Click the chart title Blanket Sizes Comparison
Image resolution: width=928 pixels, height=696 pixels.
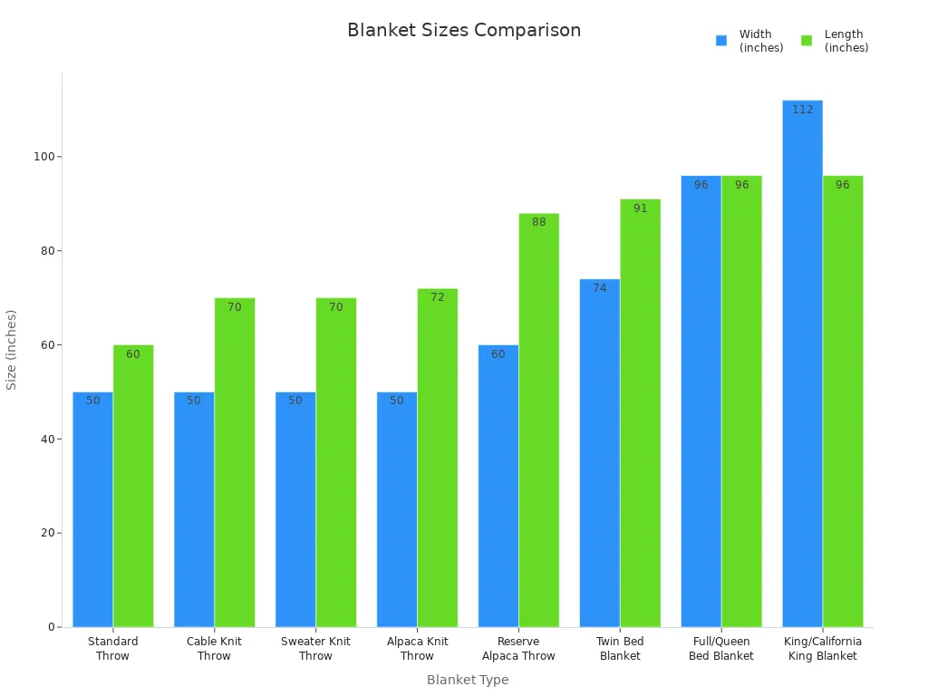coord(464,31)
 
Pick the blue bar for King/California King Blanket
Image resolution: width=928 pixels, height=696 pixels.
coord(802,363)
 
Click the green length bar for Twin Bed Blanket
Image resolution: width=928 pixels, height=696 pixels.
coord(640,412)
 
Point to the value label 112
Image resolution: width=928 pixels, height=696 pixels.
coord(802,110)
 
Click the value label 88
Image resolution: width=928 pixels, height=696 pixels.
coord(539,222)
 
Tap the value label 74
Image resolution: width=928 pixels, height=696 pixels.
coord(600,288)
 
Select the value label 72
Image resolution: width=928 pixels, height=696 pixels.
coord(438,297)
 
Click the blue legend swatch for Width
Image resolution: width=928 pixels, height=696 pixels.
coord(721,41)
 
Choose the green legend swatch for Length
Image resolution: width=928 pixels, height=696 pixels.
coord(807,41)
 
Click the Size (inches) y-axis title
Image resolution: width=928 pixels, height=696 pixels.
coord(12,350)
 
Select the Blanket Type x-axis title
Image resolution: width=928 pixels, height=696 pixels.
coord(468,680)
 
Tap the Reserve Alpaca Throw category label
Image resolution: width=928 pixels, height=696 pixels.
coord(518,649)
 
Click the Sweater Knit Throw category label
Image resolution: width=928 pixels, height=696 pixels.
coord(315,649)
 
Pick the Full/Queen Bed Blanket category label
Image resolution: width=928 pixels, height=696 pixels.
coord(721,649)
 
